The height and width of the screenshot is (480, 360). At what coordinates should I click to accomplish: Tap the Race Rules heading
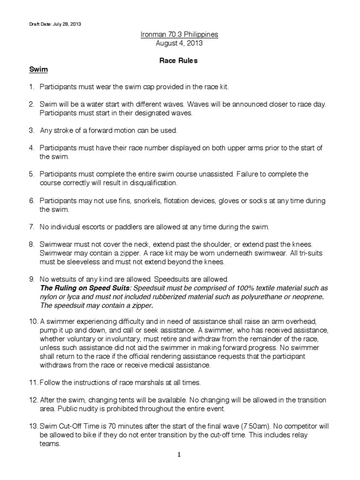(x=180, y=60)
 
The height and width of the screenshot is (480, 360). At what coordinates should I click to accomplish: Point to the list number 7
(x=32, y=227)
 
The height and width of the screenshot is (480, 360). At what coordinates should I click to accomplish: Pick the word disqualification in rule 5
(x=149, y=182)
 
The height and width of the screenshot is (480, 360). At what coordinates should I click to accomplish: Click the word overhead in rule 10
(x=303, y=321)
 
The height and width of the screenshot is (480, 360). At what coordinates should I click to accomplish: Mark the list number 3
(x=32, y=129)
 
